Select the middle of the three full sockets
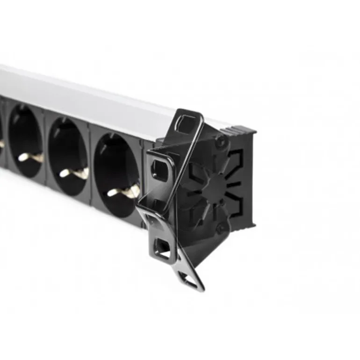click(x=69, y=157)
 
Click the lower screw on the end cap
click(x=220, y=228)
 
